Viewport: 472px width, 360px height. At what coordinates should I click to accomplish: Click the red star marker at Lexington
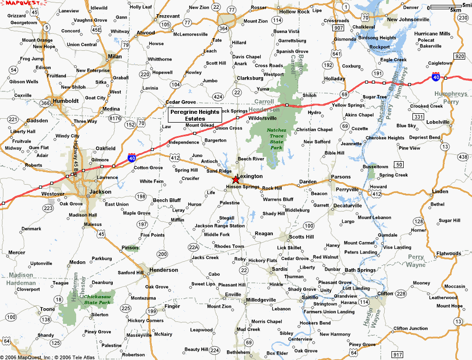pos(236,180)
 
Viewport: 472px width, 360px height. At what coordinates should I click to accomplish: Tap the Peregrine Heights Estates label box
pos(195,115)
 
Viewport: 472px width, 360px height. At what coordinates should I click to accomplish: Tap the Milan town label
pos(115,57)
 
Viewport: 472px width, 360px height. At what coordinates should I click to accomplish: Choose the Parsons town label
pos(341,177)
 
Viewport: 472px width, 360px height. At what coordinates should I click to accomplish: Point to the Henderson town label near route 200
pos(164,270)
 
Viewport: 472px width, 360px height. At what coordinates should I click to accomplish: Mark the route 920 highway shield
pos(459,56)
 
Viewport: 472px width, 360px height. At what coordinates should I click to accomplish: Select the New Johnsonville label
pos(408,20)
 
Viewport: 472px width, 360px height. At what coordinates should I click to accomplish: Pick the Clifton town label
pos(385,294)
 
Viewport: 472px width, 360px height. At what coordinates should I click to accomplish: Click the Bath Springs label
pos(360,270)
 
